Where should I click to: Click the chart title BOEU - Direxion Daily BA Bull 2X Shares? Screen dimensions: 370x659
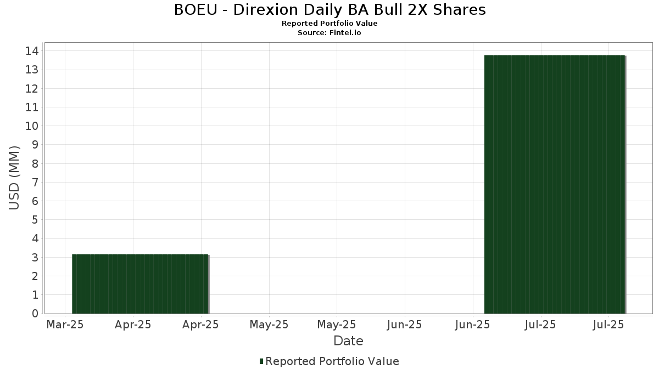point(329,10)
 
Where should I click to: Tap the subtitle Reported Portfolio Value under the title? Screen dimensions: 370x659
point(329,24)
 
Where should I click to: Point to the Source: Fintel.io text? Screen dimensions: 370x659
point(329,33)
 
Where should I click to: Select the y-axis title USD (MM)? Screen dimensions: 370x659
point(14,178)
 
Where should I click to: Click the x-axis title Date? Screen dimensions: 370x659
point(348,341)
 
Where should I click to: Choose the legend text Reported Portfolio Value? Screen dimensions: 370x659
point(332,361)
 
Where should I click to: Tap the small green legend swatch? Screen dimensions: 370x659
point(261,361)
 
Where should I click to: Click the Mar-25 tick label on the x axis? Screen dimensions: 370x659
point(65,325)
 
